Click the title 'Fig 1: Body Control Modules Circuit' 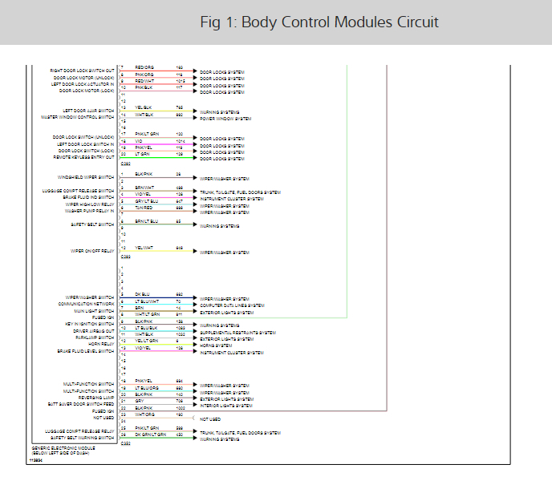(x=319, y=22)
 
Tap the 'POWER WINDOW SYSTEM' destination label (x=225, y=118)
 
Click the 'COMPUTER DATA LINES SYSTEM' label (x=232, y=305)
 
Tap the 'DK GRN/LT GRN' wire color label (x=150, y=434)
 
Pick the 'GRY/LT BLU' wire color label (x=146, y=201)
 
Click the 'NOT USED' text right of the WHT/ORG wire (x=209, y=419)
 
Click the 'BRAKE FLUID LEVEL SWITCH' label (x=86, y=351)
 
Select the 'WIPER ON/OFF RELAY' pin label (x=93, y=251)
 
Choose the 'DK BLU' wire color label (x=143, y=294)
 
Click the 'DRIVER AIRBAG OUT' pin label (x=94, y=330)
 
